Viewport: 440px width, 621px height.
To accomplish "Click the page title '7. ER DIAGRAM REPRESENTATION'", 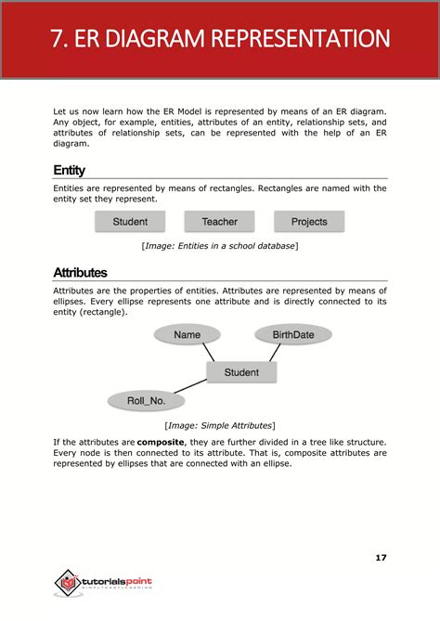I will (x=220, y=40).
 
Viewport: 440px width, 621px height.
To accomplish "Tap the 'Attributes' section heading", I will (x=80, y=273).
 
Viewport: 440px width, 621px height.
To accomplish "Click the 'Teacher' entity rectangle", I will (x=219, y=222).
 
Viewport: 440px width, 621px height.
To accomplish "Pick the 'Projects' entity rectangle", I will (x=309, y=222).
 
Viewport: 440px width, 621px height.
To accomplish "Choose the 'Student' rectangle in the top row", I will (x=130, y=222).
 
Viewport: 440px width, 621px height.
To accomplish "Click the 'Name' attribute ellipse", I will (x=187, y=334).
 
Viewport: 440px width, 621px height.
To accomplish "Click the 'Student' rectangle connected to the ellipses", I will (x=241, y=372).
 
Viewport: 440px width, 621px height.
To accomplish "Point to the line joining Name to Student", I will (x=208, y=353).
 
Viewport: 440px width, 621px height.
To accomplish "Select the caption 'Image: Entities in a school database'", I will (x=220, y=246).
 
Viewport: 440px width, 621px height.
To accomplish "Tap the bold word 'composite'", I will (x=161, y=441).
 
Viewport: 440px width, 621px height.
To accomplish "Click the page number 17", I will (x=381, y=557).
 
